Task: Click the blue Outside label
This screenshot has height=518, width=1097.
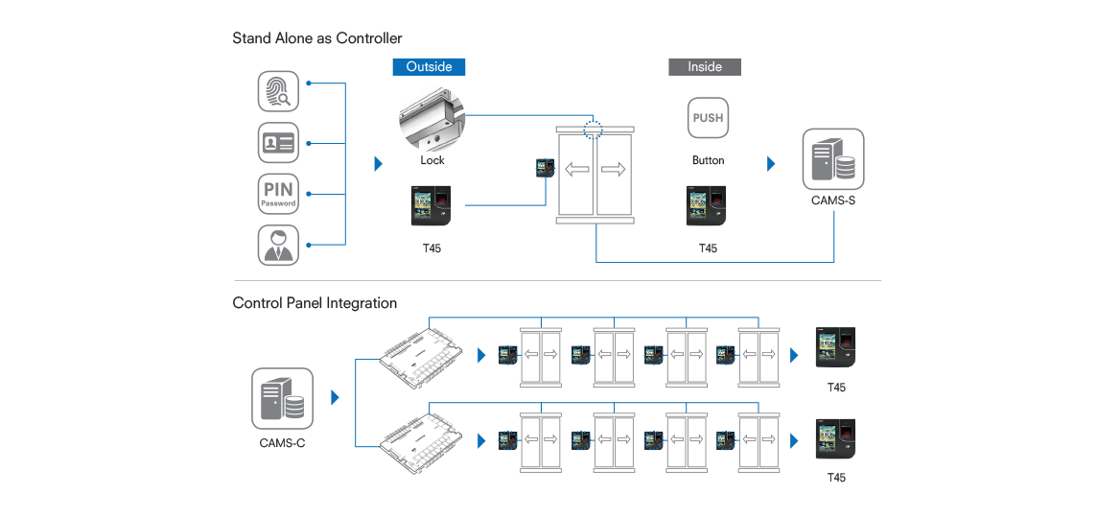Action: click(x=429, y=66)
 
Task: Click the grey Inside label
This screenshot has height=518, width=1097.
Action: click(x=704, y=66)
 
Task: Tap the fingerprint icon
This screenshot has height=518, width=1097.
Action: click(x=278, y=91)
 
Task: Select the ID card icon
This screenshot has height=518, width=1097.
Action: click(x=278, y=143)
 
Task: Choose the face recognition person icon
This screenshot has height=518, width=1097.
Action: click(x=278, y=245)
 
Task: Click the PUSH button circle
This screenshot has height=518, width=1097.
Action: click(x=708, y=118)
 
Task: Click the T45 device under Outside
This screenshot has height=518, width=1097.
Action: click(x=432, y=204)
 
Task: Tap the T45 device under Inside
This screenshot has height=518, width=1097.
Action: click(x=708, y=204)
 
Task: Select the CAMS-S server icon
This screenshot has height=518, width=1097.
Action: click(x=832, y=160)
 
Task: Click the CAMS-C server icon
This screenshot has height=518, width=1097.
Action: click(x=282, y=399)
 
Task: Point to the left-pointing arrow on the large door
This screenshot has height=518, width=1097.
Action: click(x=577, y=170)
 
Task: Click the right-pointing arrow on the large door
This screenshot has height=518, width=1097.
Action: click(x=614, y=170)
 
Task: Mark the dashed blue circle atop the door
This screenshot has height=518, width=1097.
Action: click(x=594, y=129)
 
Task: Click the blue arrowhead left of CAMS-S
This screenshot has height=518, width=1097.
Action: click(x=772, y=164)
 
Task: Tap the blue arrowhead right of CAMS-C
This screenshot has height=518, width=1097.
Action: click(x=335, y=397)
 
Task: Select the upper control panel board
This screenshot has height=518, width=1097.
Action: click(x=418, y=353)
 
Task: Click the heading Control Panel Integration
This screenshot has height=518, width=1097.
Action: click(x=315, y=303)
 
